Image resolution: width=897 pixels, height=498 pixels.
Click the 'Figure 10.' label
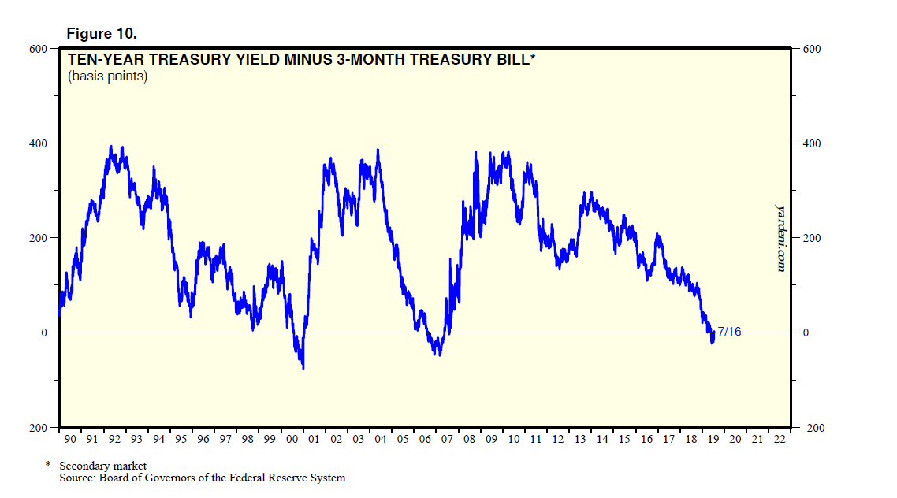click(102, 33)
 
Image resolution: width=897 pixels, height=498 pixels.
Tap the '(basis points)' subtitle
click(107, 76)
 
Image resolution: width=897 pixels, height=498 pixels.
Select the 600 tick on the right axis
click(811, 49)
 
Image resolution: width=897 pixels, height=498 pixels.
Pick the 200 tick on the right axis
click(811, 238)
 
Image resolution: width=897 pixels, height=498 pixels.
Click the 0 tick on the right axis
click(806, 333)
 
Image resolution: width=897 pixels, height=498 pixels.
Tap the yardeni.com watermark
click(780, 239)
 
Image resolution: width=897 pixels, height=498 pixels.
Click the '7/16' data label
click(729, 332)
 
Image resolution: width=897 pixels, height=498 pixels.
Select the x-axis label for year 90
click(69, 439)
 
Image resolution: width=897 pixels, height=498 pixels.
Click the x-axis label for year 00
click(292, 439)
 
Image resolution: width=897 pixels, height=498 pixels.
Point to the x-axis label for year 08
click(470, 439)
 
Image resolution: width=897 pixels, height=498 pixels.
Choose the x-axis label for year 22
click(780, 439)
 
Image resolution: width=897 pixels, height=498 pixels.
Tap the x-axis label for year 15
click(625, 439)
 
